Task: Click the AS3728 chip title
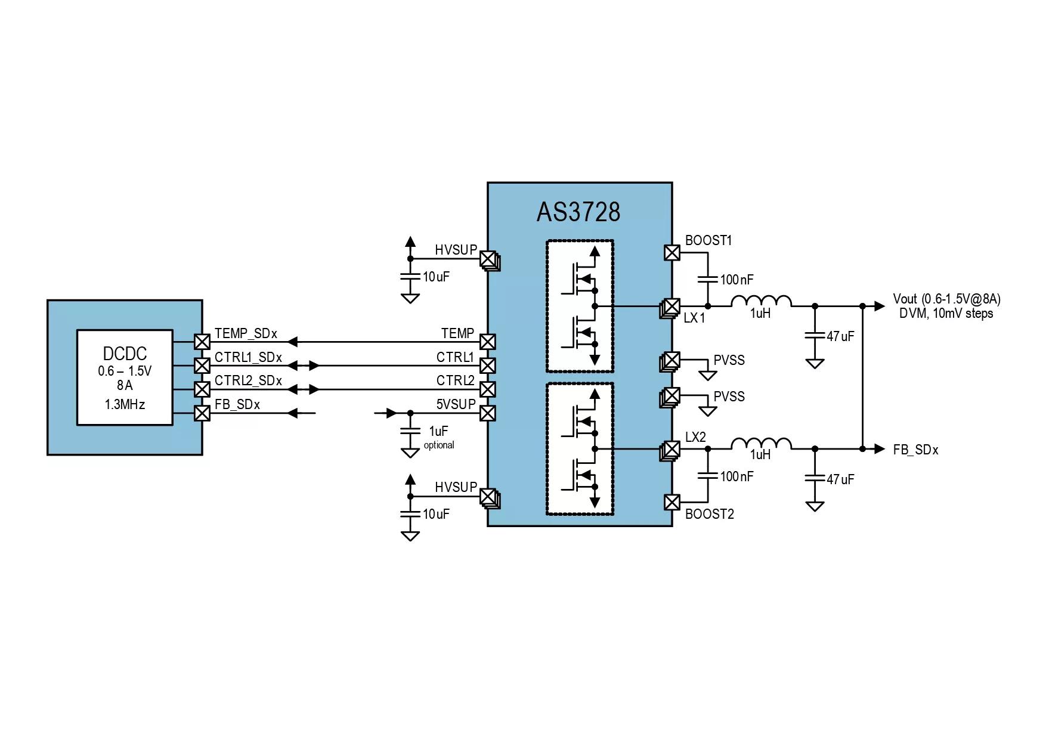[x=578, y=212]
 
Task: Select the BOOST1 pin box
[x=672, y=253]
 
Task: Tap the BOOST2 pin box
[x=672, y=502]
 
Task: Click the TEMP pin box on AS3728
[x=487, y=342]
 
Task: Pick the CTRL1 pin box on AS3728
[x=487, y=366]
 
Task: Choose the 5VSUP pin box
[x=487, y=413]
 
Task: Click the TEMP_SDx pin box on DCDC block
[x=203, y=342]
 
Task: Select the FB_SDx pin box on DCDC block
[x=203, y=413]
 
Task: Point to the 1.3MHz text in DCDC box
[x=125, y=404]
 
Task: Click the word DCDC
[x=125, y=354]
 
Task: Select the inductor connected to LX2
[x=762, y=444]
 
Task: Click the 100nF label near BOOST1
[x=736, y=280]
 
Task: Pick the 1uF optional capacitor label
[x=438, y=437]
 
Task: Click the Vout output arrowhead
[x=880, y=306]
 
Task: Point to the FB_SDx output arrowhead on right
[x=880, y=448]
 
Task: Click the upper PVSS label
[x=729, y=360]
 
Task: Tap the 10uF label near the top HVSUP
[x=436, y=277]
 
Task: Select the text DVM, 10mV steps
[x=946, y=314]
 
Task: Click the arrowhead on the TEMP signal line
[x=292, y=342]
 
